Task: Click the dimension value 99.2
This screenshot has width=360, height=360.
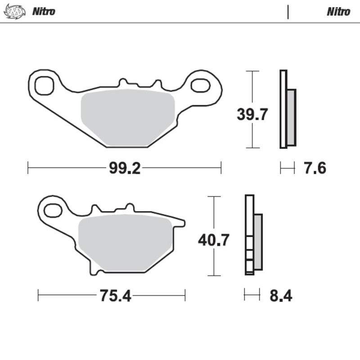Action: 125,169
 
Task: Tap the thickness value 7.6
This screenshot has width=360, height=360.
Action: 314,169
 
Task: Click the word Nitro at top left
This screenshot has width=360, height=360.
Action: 44,11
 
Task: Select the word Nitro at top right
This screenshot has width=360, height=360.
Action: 338,11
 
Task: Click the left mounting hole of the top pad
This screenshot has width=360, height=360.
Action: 44,85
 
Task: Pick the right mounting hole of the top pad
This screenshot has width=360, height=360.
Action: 200,85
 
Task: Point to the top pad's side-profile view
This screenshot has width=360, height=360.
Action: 287,109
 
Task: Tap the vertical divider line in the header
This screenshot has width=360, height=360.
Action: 288,12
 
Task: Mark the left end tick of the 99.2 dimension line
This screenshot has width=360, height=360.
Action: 28,169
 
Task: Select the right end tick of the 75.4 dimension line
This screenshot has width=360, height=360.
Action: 185,296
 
